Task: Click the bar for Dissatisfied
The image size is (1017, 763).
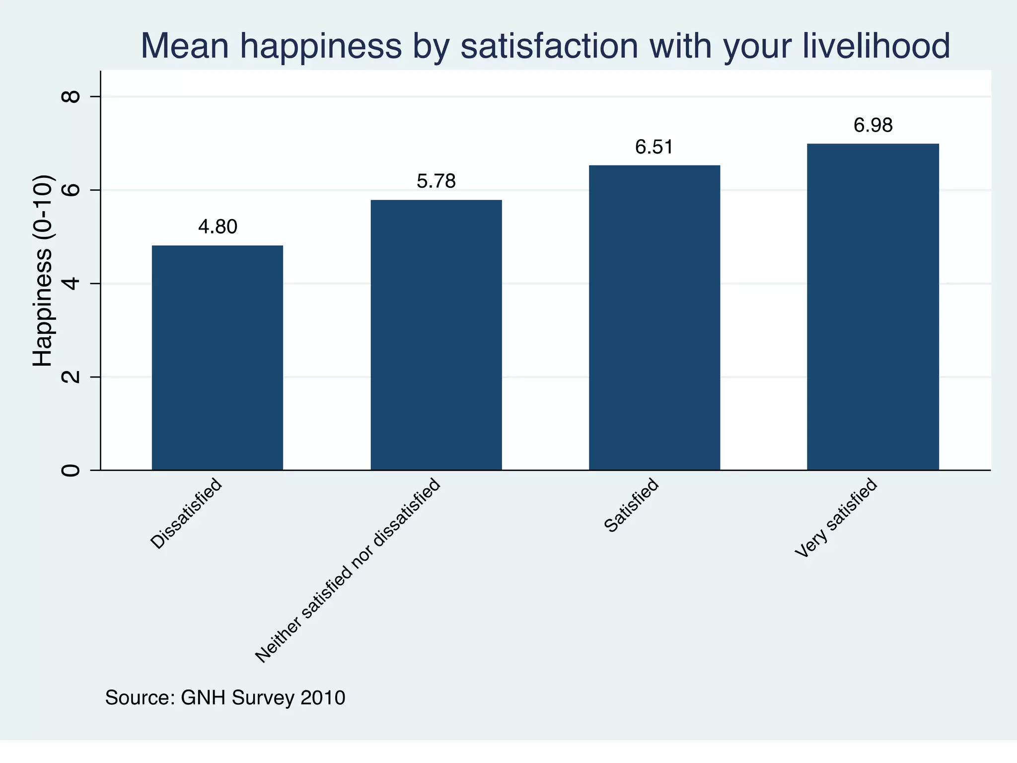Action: (x=218, y=358)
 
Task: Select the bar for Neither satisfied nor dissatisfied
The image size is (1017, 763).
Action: (x=436, y=335)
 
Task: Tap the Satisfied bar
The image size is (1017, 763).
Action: (x=654, y=317)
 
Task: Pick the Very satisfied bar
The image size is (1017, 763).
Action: (x=873, y=306)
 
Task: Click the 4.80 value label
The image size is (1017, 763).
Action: (x=218, y=227)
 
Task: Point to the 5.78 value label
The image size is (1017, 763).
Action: (x=436, y=181)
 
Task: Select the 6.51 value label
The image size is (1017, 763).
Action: (x=654, y=148)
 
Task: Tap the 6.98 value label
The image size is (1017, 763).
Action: (x=873, y=126)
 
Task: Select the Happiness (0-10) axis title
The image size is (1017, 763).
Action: (x=43, y=271)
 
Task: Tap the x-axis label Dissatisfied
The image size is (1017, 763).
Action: (x=186, y=514)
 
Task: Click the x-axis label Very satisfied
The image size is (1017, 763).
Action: (x=836, y=518)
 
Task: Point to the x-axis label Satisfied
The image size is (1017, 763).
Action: (x=632, y=505)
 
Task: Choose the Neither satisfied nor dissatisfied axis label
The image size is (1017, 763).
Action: (x=348, y=571)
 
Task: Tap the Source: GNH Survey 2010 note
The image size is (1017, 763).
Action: (x=225, y=698)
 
